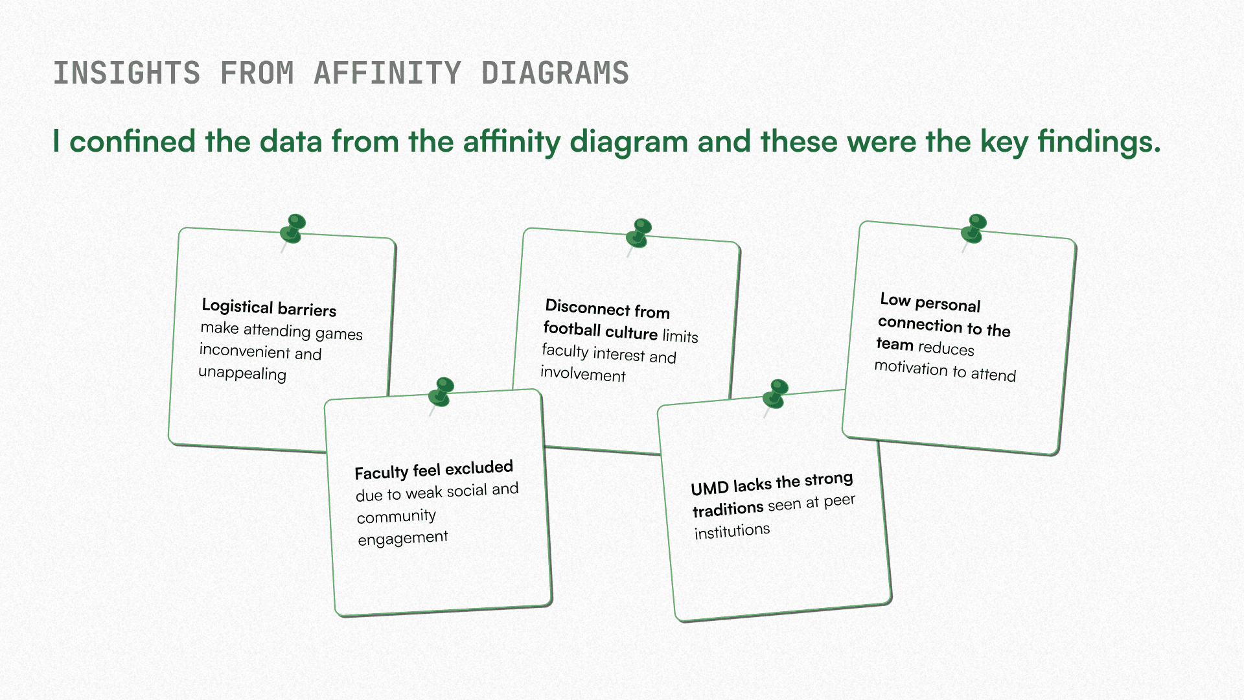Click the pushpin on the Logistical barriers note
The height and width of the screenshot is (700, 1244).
tap(294, 229)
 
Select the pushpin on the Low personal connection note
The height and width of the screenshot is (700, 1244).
tap(974, 229)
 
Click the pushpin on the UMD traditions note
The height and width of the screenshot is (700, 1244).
tap(776, 394)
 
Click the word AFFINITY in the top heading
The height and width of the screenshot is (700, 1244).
tap(387, 73)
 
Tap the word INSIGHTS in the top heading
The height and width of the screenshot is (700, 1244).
tap(127, 73)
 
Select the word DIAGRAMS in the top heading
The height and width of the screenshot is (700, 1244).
tap(555, 73)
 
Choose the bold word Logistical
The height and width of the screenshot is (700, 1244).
tap(237, 306)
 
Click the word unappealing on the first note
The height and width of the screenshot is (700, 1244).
tap(242, 373)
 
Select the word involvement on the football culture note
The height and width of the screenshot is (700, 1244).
tap(583, 374)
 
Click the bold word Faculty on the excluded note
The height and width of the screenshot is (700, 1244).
tap(381, 472)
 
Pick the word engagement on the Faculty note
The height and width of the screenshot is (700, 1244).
tap(402, 539)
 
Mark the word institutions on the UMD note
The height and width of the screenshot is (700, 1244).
tap(732, 531)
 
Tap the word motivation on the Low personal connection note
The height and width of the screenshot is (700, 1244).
tap(911, 367)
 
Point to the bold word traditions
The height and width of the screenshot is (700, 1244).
tap(728, 509)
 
